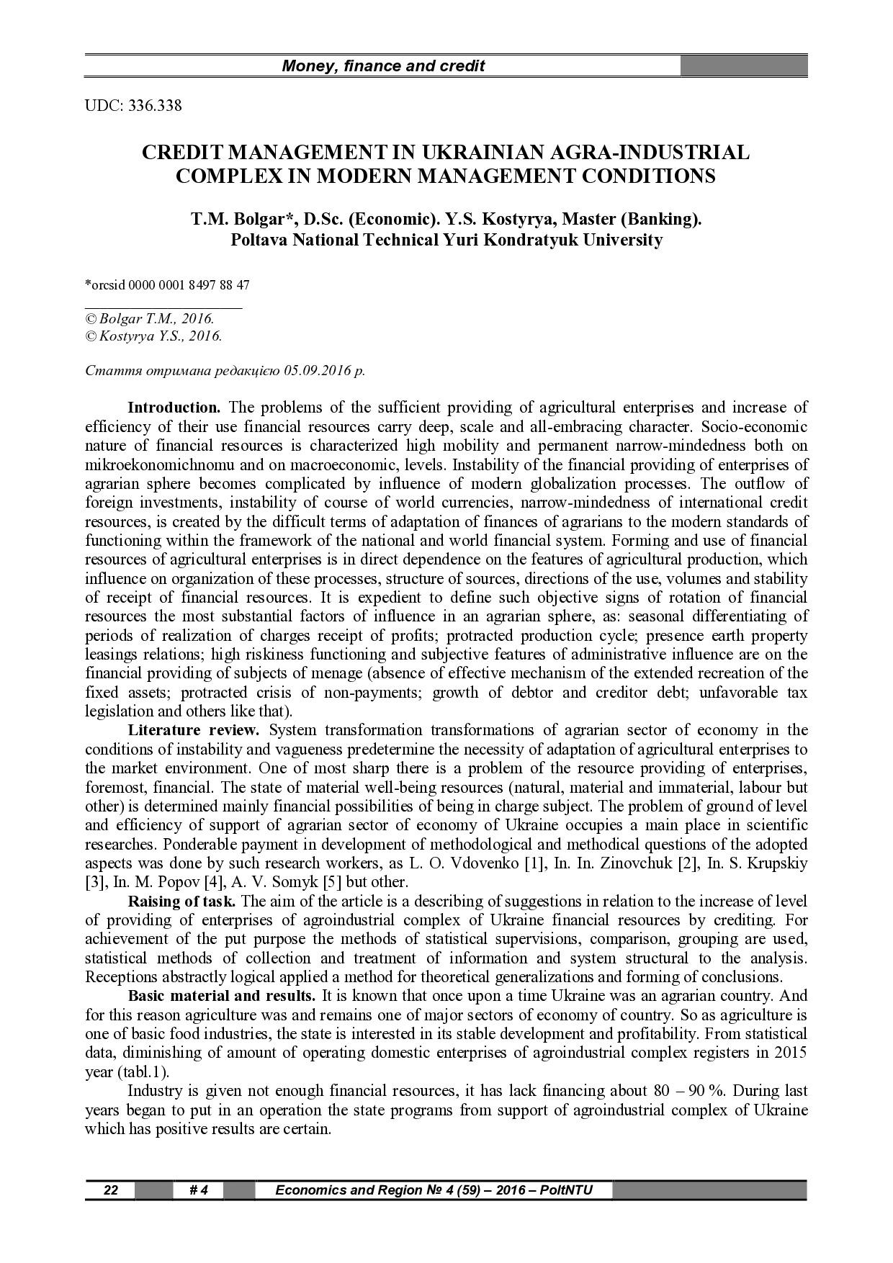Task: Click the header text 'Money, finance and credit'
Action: pyautogui.click(x=383, y=67)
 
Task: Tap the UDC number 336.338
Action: pyautogui.click(x=154, y=106)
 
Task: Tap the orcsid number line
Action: pyautogui.click(x=168, y=284)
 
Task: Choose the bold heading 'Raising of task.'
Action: pyautogui.click(x=181, y=901)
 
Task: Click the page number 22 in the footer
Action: pyautogui.click(x=111, y=1190)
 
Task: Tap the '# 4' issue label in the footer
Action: pyautogui.click(x=198, y=1190)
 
